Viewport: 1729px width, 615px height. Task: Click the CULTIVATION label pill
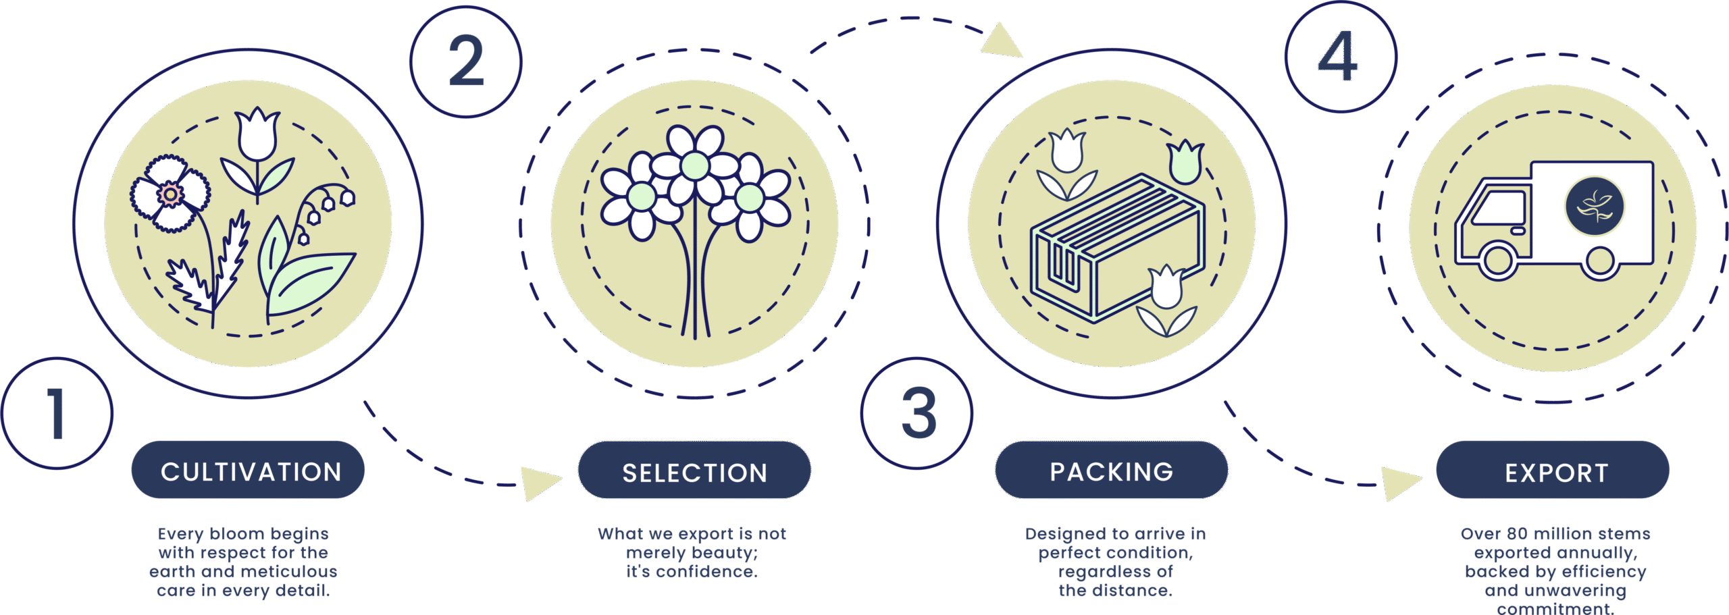[248, 471]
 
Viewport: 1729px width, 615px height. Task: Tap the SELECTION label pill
[694, 471]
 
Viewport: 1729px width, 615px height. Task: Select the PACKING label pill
[1111, 471]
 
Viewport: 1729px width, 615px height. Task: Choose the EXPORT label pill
[1552, 471]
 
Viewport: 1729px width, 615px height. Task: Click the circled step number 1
[57, 413]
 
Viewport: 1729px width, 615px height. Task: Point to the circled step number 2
[466, 61]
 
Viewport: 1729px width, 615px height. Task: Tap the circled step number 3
[917, 413]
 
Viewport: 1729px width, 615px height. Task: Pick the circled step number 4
[1340, 56]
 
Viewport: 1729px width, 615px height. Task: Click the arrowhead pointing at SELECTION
[540, 481]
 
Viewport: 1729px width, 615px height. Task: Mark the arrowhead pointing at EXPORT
[1400, 482]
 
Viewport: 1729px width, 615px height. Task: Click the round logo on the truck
[1595, 207]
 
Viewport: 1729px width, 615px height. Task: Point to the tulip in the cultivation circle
[257, 134]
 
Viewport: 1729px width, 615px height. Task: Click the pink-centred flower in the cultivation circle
[170, 194]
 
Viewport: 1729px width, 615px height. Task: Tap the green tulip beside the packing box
[1185, 163]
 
